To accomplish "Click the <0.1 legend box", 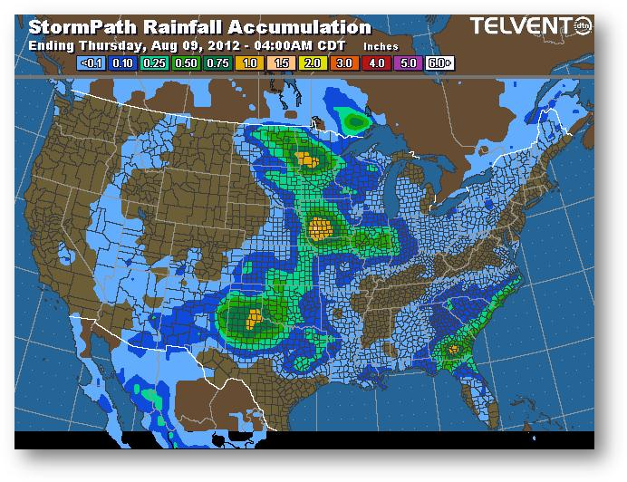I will click(x=91, y=63).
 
